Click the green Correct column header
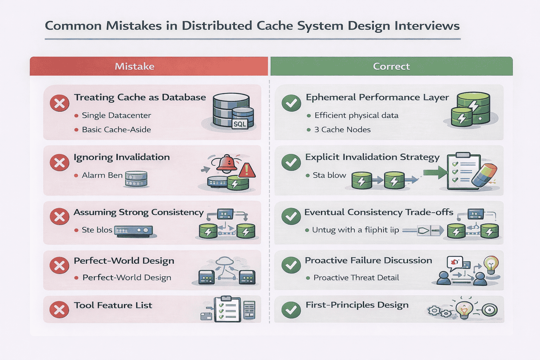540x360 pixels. (391, 66)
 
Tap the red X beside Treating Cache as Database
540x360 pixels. (59, 103)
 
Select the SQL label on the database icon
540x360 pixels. (240, 124)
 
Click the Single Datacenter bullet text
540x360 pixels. (116, 115)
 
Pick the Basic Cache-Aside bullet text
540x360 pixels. (116, 130)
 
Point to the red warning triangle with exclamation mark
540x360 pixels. (247, 171)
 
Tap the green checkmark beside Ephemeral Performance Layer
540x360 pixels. (291, 103)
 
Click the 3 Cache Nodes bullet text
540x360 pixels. (342, 130)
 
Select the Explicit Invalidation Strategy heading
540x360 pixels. (372, 157)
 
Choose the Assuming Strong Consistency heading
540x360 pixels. (139, 212)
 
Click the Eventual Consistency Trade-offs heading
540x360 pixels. (379, 212)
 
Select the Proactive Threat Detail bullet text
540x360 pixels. (356, 278)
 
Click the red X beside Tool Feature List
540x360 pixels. (59, 310)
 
